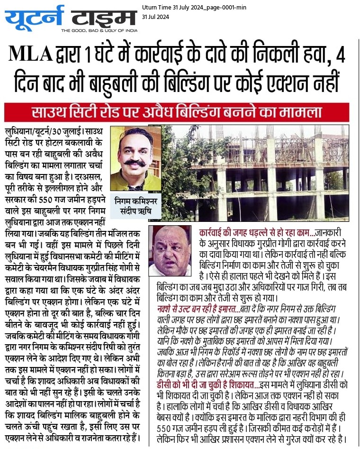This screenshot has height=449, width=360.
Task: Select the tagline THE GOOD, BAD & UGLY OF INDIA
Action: tap(99, 31)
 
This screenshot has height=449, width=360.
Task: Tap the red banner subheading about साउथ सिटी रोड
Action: tap(177, 113)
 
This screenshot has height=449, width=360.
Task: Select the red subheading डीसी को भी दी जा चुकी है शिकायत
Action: tap(204, 385)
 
